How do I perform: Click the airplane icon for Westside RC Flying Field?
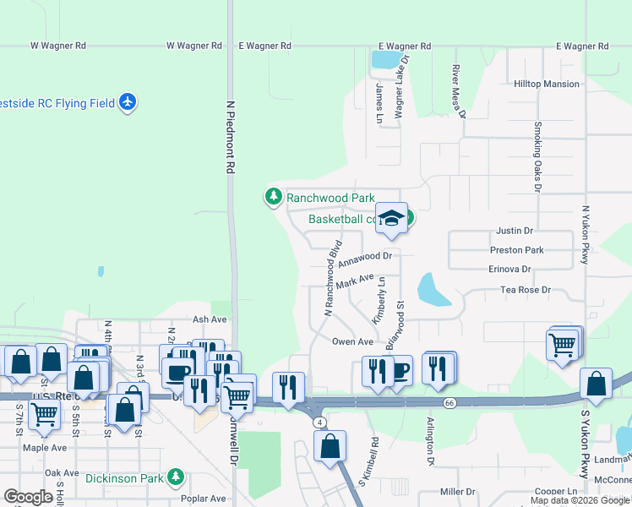[x=128, y=102]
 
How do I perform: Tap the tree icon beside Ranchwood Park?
[x=273, y=198]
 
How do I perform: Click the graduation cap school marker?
[x=391, y=219]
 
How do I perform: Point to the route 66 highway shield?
[x=449, y=404]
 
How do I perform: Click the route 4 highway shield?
[x=319, y=422]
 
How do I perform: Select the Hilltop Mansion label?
[x=547, y=84]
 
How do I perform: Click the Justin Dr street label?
[x=514, y=231]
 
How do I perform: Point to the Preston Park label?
[x=516, y=250]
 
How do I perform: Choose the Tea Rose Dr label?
[x=525, y=290]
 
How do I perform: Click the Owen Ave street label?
[x=352, y=342]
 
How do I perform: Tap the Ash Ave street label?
[x=210, y=319]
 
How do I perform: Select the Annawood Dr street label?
[x=365, y=257]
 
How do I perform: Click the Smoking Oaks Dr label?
[x=537, y=155]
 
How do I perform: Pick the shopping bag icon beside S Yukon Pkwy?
[x=597, y=383]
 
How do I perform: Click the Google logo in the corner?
[x=28, y=497]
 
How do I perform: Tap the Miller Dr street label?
[x=457, y=492]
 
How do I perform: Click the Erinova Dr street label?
[x=509, y=270]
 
